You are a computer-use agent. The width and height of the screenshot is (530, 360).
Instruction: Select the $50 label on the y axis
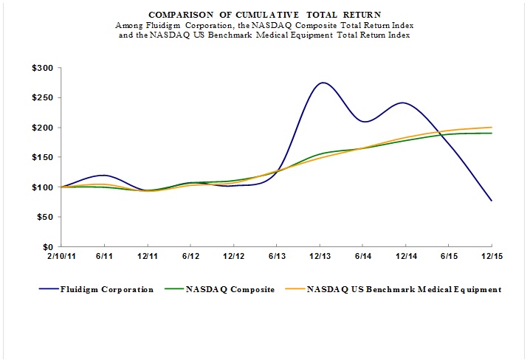(46, 217)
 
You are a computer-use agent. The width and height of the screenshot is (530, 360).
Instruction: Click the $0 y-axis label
(49, 246)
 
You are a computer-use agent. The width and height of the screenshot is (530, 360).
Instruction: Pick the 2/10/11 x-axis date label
(62, 257)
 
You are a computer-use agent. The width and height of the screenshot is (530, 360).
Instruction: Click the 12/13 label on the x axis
(320, 257)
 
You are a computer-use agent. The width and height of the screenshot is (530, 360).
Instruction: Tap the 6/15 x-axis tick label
(448, 257)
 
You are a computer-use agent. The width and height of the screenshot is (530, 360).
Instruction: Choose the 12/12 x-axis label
(234, 257)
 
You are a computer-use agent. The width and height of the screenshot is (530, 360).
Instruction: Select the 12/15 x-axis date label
(492, 257)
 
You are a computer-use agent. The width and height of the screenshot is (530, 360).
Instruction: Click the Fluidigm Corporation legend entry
(108, 289)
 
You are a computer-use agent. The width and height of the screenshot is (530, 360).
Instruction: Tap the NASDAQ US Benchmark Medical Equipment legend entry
(401, 289)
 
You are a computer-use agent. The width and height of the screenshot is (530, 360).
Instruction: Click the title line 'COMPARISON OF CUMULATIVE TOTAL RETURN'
(265, 14)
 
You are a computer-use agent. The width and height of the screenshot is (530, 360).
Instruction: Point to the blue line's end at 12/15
(492, 201)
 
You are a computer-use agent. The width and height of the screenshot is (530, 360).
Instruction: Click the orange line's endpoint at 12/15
(492, 128)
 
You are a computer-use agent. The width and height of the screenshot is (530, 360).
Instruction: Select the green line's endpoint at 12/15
(492, 134)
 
